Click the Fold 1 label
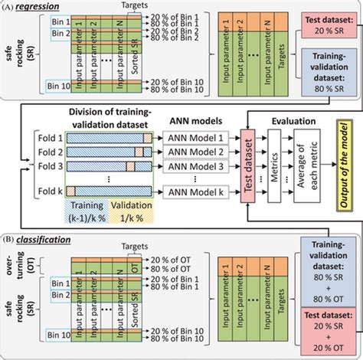51,136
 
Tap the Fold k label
51,191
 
